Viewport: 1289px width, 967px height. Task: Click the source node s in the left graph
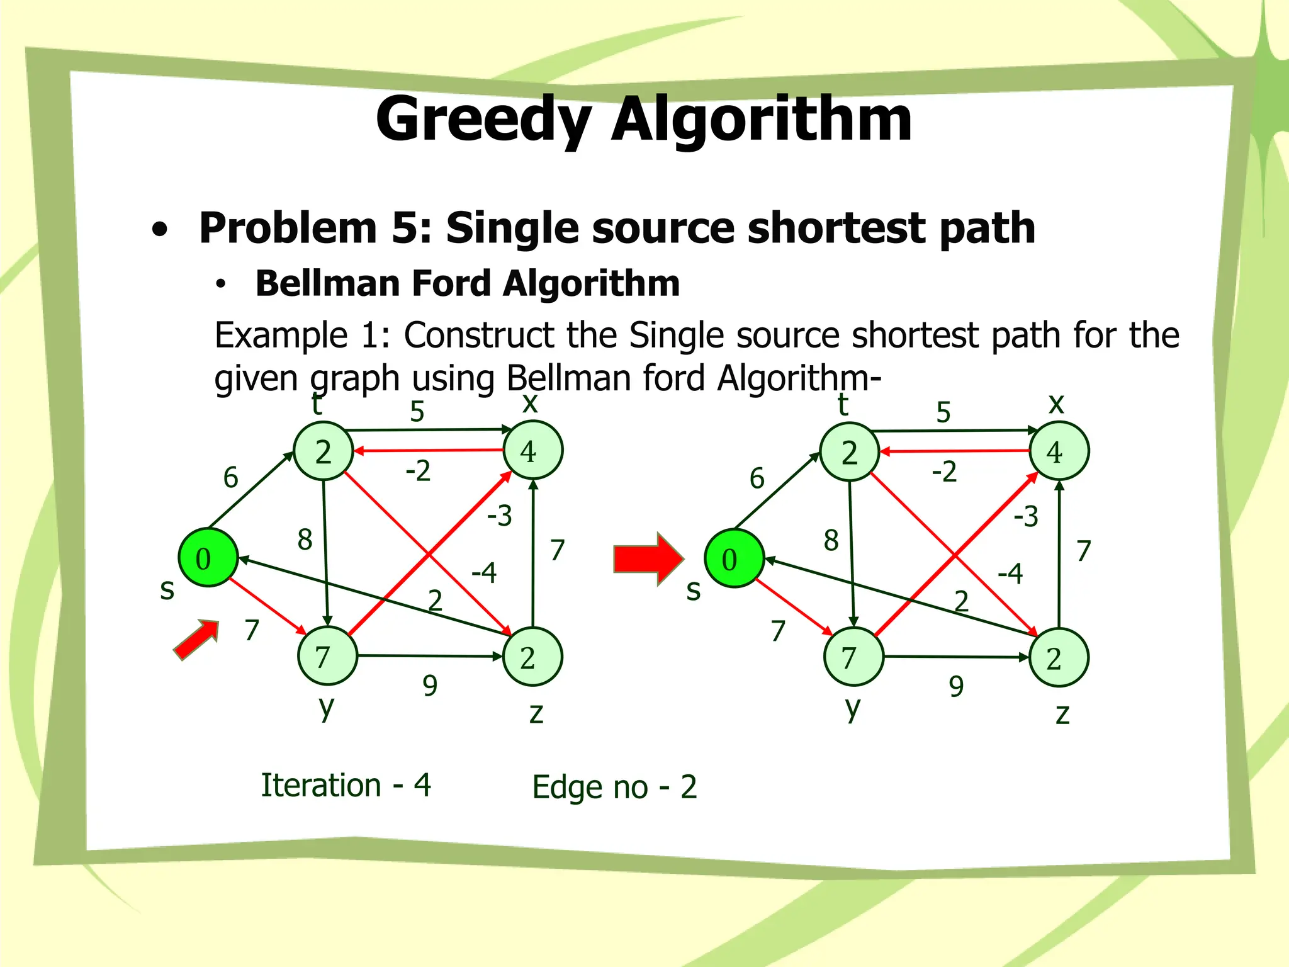click(208, 558)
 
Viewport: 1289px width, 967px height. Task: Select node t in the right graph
click(849, 452)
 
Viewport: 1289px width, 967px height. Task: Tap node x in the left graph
click(533, 450)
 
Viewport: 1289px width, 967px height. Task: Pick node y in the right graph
click(853, 657)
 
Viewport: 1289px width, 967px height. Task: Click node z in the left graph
click(532, 657)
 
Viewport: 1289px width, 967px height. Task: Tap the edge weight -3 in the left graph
click(500, 516)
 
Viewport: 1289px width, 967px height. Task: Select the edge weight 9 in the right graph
click(956, 686)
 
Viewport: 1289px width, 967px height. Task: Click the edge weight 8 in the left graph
click(305, 540)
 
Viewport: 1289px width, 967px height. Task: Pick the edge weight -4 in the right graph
click(1010, 574)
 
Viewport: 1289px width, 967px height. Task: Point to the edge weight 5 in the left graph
click(417, 412)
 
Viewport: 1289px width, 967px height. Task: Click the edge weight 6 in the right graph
click(757, 478)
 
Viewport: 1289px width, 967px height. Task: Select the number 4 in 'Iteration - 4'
click(422, 785)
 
